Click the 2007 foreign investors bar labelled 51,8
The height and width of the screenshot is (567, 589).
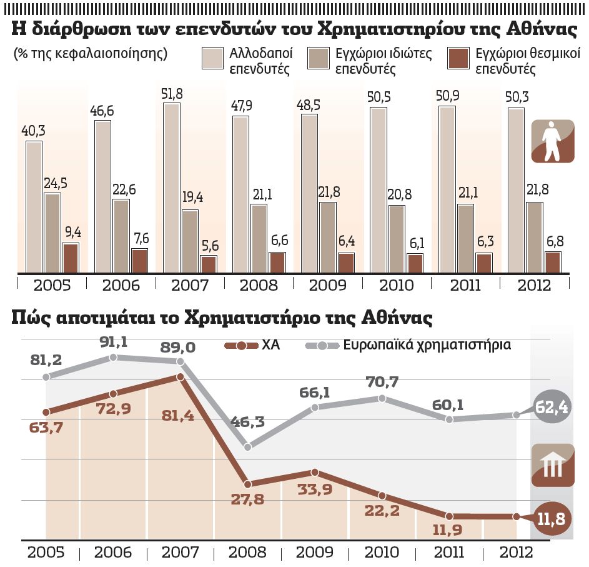coord(172,188)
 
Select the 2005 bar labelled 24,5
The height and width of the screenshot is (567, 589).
coord(52,233)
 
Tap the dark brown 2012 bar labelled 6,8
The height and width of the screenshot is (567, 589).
coord(553,262)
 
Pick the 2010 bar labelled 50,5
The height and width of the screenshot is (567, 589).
coord(378,190)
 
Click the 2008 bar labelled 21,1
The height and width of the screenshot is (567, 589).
coord(259,238)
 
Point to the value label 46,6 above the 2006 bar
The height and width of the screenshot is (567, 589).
coord(104,110)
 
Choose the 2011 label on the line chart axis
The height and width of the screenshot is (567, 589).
coord(449,553)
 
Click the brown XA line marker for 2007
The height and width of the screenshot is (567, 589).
coord(181,377)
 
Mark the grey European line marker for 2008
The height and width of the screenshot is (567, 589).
coord(248,447)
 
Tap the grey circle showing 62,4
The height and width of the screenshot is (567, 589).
coord(552,408)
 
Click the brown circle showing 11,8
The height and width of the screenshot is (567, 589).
coord(552,518)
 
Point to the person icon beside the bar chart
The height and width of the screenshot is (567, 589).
coord(552,141)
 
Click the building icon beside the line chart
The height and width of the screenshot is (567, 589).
coord(552,465)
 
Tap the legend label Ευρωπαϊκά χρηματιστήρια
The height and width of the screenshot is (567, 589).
coord(427,345)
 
